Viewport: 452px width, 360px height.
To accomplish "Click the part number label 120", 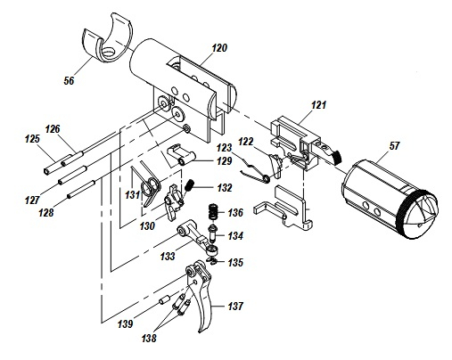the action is (x=219, y=48).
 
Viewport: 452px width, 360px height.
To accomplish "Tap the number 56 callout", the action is (x=69, y=80).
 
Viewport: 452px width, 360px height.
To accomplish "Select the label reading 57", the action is (x=394, y=146).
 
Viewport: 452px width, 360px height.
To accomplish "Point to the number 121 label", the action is (x=318, y=105).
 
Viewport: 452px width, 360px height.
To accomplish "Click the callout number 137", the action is (x=235, y=306).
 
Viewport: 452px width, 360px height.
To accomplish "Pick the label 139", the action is (x=125, y=323).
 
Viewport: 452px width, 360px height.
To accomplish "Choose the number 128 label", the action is (x=46, y=212).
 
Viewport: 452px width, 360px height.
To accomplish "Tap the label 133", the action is (x=168, y=256).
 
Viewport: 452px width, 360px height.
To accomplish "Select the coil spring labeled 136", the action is (x=213, y=211).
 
